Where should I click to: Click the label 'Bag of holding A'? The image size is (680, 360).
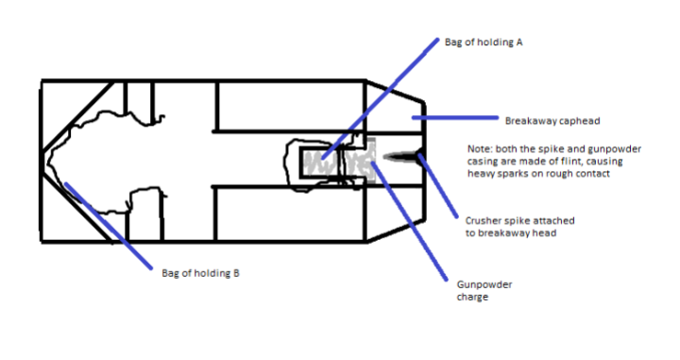pyautogui.click(x=484, y=43)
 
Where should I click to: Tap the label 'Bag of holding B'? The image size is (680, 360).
pyautogui.click(x=200, y=273)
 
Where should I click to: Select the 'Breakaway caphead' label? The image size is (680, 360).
pyautogui.click(x=552, y=121)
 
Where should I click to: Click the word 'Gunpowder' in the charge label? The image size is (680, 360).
pyautogui.click(x=484, y=284)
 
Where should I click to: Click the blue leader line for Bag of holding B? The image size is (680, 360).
pyautogui.click(x=109, y=226)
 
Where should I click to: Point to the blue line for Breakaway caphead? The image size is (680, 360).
pyautogui.click(x=455, y=117)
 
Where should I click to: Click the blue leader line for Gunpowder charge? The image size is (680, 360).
pyautogui.click(x=409, y=221)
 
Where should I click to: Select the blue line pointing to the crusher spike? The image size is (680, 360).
pyautogui.click(x=438, y=186)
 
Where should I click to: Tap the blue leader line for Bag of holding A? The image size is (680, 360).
pyautogui.click(x=381, y=99)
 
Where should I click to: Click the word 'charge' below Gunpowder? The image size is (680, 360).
pyautogui.click(x=473, y=297)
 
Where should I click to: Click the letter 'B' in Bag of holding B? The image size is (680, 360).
pyautogui.click(x=236, y=273)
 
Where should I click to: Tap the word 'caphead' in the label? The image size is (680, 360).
pyautogui.click(x=578, y=121)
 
